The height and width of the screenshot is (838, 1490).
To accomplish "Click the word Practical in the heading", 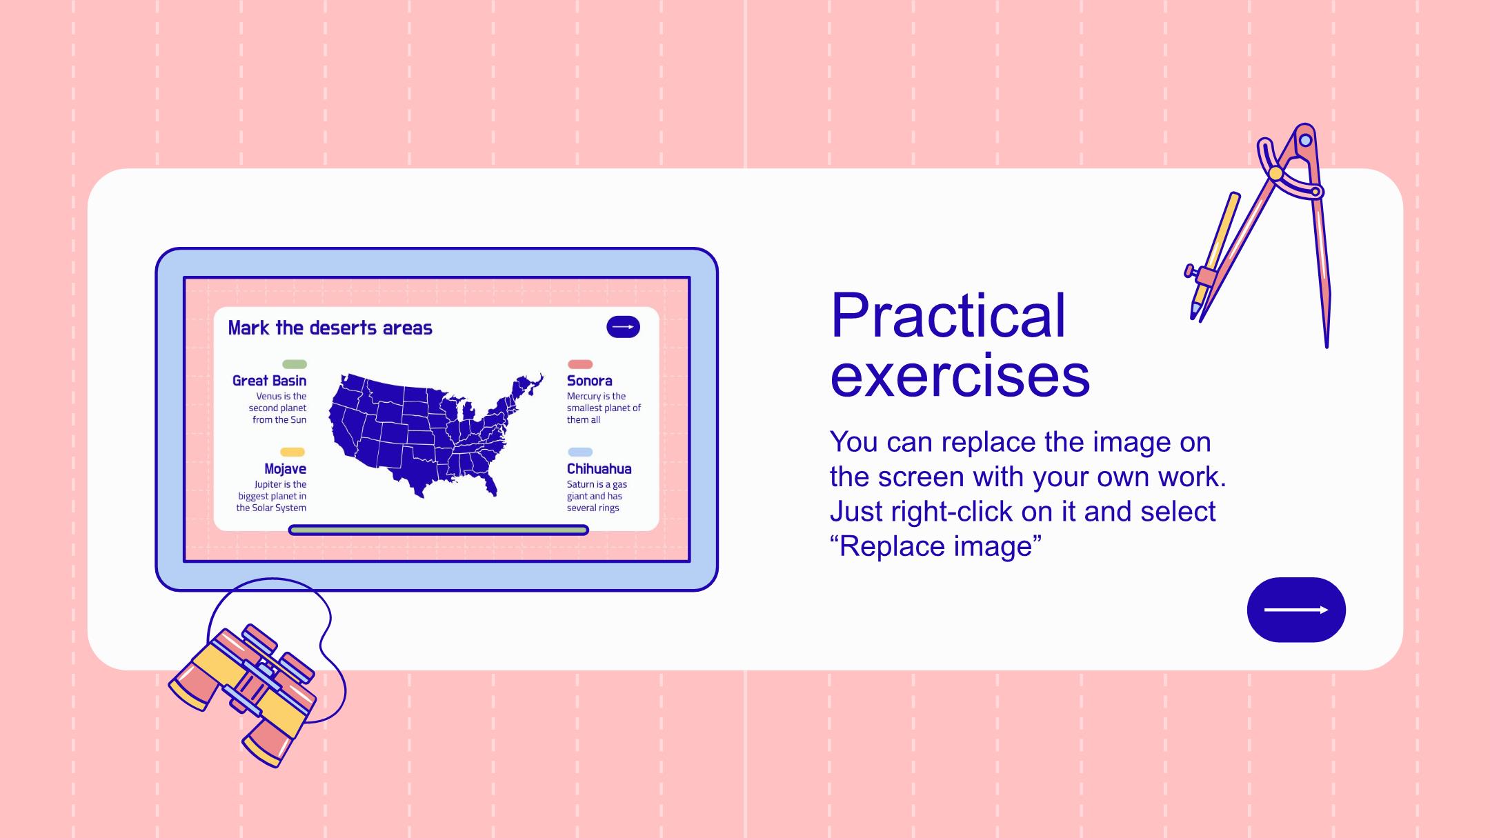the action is [948, 315].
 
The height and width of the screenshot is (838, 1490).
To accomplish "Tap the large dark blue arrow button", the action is [1296, 610].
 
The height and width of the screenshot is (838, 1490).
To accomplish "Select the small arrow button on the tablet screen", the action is [623, 327].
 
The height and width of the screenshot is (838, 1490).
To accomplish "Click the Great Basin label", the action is [269, 381].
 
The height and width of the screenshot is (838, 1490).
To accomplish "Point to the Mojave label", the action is [285, 469].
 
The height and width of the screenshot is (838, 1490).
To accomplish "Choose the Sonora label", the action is [589, 381].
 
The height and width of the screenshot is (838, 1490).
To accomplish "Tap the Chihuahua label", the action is [599, 469].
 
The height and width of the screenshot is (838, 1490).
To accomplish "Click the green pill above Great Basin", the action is [295, 364].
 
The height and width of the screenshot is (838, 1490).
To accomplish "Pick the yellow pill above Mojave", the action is [292, 452].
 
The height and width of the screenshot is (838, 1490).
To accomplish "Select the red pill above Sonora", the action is [580, 364].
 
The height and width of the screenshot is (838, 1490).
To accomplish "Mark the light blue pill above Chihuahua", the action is [580, 452].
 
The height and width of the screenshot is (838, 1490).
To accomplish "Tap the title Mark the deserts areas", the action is [330, 328].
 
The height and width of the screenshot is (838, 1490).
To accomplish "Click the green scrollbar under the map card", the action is [439, 530].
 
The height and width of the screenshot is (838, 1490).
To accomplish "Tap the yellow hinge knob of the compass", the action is [1275, 174].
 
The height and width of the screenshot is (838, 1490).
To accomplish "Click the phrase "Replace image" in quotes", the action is [936, 546].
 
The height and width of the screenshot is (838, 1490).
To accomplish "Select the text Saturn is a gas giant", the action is [596, 490].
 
